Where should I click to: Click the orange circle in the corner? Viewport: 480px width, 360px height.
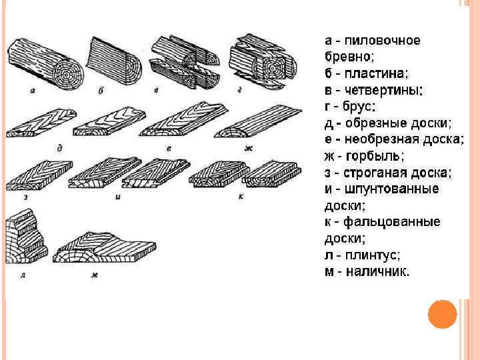pos(442,314)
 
